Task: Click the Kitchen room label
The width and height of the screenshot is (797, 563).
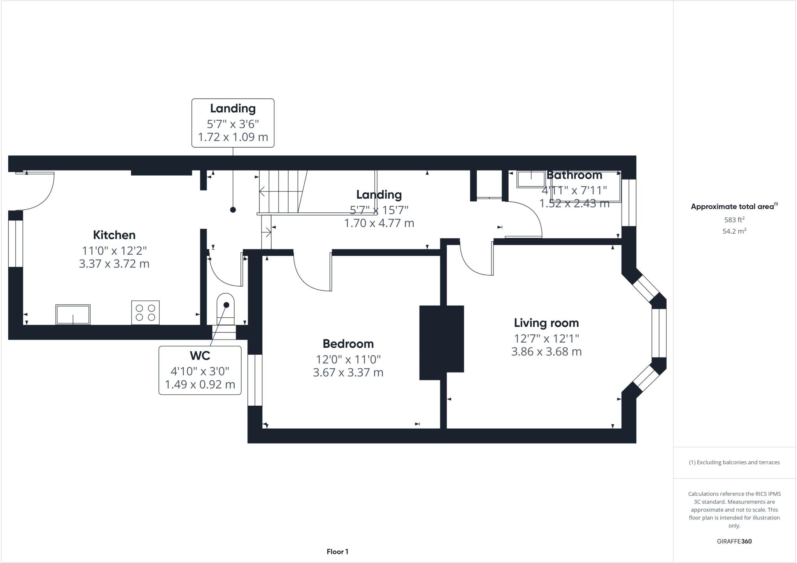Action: [114, 235]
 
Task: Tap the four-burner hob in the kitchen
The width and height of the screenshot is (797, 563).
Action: [145, 312]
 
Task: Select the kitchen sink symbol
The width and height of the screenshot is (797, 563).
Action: [73, 315]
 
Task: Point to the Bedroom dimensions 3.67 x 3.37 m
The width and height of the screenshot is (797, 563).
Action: [348, 373]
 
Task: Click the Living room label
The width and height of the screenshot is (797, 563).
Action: [546, 323]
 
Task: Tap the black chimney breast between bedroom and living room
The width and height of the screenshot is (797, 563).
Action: [441, 342]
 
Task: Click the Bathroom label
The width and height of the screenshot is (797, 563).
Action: [574, 175]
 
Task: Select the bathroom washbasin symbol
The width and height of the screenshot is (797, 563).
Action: [531, 179]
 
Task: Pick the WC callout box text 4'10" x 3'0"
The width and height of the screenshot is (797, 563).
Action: [200, 371]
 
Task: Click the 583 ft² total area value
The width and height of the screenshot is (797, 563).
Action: [734, 220]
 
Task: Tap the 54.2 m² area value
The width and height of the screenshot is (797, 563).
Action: [734, 231]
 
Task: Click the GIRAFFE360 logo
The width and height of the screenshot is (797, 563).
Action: [734, 541]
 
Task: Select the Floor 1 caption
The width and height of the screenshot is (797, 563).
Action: [337, 552]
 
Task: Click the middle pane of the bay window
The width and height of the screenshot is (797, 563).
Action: [659, 333]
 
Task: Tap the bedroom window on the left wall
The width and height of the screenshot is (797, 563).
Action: [255, 380]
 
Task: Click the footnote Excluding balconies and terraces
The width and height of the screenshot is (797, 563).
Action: [734, 463]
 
